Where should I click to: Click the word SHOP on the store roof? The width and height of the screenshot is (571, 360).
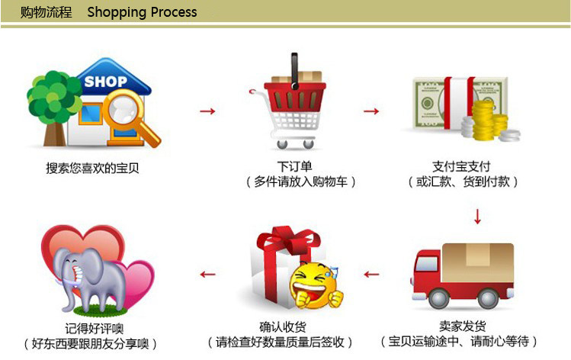click(106, 82)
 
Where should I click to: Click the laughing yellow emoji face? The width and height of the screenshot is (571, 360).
click(315, 284)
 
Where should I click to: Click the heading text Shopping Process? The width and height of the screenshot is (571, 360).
click(142, 12)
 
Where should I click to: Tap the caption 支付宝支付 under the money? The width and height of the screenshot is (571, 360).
click(461, 166)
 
